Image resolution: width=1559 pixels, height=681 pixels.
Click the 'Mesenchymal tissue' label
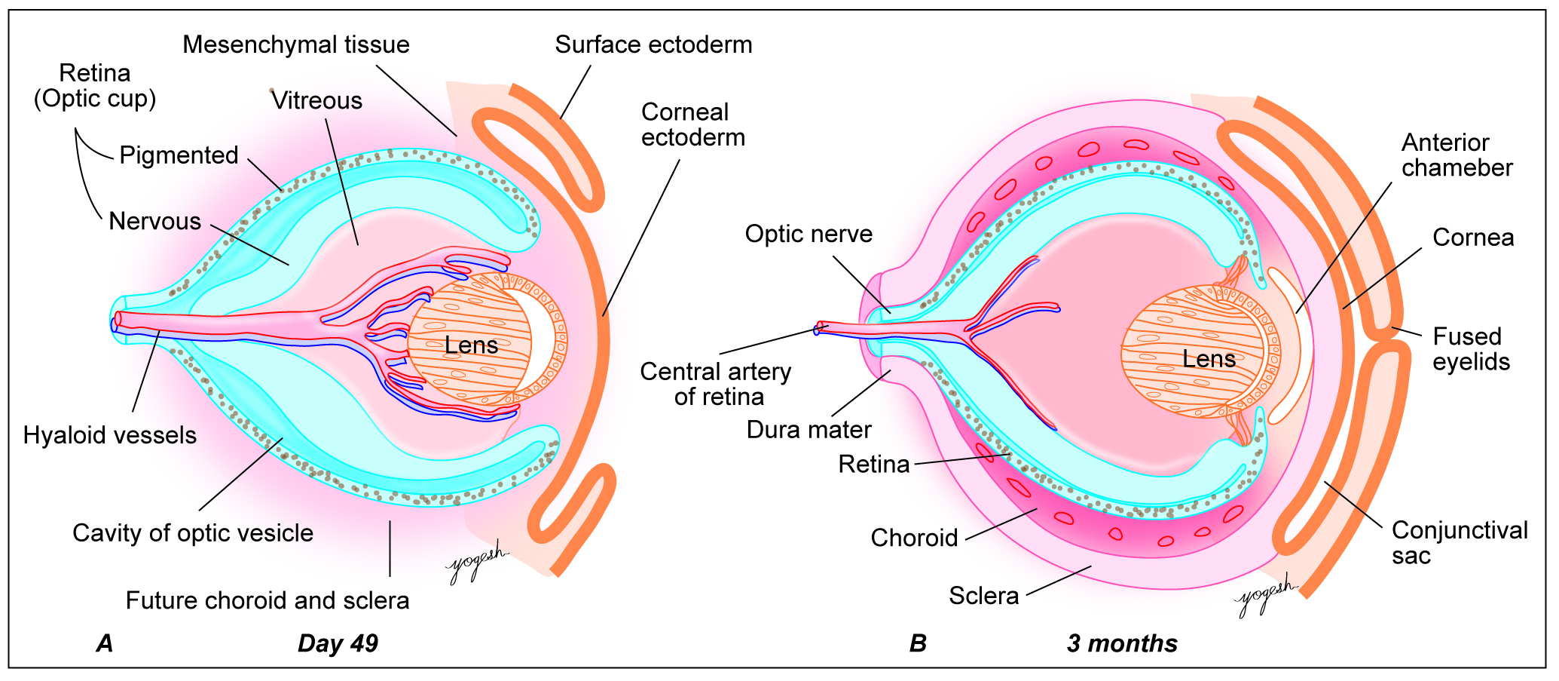pos(296,44)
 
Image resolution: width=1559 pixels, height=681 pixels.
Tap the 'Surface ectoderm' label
pos(653,44)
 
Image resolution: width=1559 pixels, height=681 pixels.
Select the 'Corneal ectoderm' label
pos(692,125)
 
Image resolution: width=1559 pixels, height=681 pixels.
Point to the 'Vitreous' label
pos(316,100)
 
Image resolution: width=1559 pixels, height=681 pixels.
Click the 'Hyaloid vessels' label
pos(110,435)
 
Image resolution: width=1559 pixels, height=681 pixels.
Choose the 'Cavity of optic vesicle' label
pos(193,533)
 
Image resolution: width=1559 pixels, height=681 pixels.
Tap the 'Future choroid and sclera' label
pos(267,600)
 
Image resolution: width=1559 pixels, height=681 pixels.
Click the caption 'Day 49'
pos(338,643)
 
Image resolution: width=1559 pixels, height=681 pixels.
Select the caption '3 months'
pos(1122,643)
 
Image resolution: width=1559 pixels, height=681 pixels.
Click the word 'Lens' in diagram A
pos(471,345)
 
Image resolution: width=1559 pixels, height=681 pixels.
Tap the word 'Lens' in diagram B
pos(1209,359)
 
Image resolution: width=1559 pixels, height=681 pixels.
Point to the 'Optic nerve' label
pos(809,234)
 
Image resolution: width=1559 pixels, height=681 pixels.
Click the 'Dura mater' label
pos(809,430)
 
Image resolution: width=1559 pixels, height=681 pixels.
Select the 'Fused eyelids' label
pos(1471,349)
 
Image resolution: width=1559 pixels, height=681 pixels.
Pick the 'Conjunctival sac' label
pos(1460,543)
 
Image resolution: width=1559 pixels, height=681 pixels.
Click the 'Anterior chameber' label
pos(1457,155)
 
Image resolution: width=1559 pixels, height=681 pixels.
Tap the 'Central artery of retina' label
pos(716,384)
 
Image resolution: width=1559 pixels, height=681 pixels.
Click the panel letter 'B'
pos(918,643)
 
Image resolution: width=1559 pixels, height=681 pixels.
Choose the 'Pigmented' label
pos(179,155)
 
